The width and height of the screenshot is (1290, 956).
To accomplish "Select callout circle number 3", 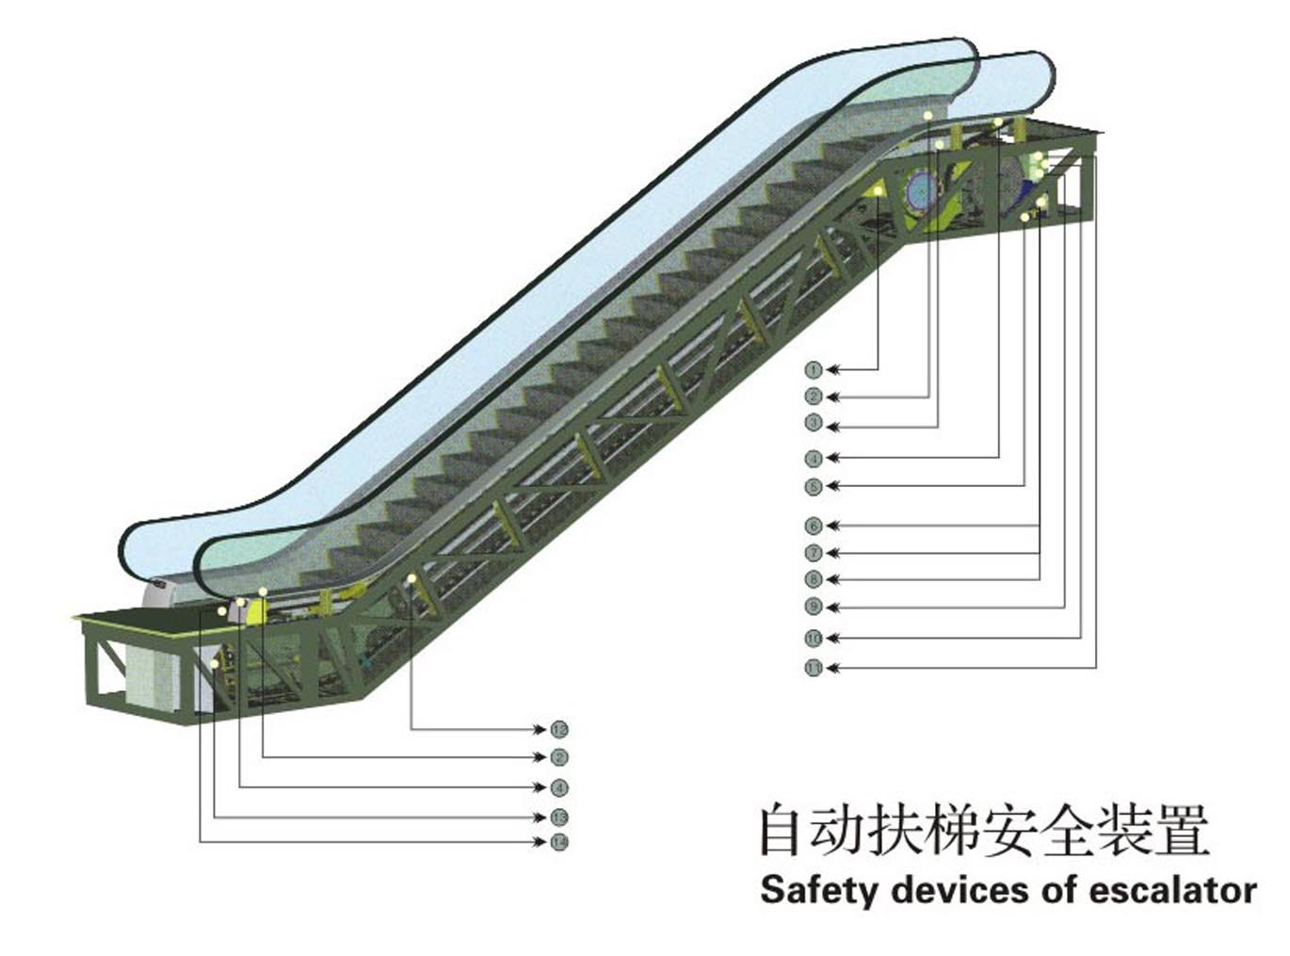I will coord(814,424).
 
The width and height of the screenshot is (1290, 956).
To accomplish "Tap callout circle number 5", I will coord(814,487).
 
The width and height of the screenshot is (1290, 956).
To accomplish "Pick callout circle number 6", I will coord(814,526).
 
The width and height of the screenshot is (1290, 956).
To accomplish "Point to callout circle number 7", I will coord(814,553).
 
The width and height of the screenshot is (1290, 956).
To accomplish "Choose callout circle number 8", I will coord(814,579).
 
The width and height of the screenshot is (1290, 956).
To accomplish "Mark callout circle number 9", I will coord(814,608).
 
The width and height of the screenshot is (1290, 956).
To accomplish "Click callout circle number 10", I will coord(814,639).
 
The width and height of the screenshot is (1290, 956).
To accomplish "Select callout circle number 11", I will coord(814,668).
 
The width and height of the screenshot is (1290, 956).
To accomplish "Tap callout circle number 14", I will coord(559,841).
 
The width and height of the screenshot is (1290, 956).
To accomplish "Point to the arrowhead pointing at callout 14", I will coord(540,841).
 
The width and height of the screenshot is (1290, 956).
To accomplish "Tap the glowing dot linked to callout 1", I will coord(879,192).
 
